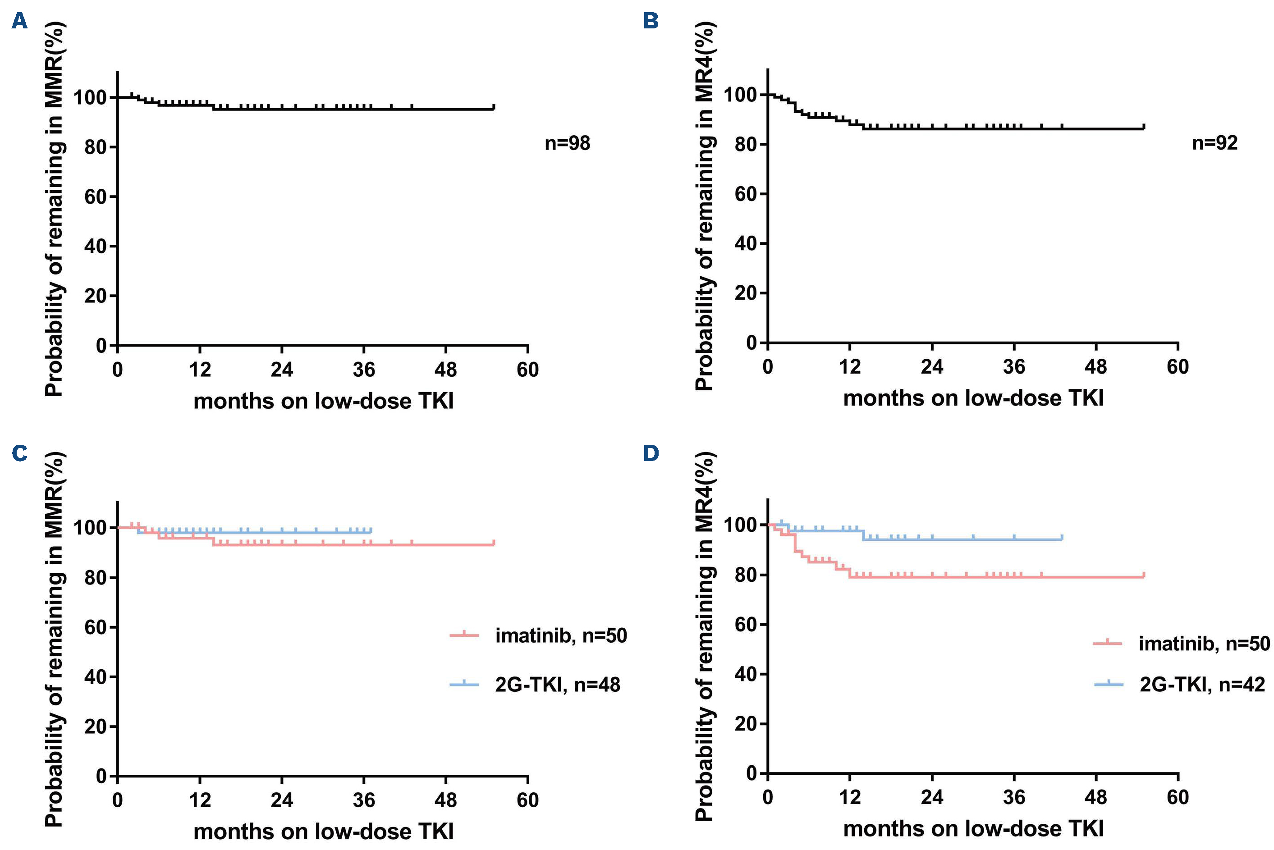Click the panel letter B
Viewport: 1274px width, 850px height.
pos(651,22)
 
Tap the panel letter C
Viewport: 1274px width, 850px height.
pos(19,452)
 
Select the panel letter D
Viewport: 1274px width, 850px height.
pos(651,452)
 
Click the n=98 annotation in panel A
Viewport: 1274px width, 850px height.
pos(567,144)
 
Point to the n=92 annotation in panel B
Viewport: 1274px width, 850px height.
pos(1215,143)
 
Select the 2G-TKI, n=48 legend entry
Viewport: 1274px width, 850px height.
pos(557,685)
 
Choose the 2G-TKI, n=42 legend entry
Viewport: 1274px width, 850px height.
pos(1202,685)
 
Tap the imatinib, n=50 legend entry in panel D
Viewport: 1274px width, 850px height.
pos(1204,643)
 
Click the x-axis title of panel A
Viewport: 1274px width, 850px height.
pos(323,401)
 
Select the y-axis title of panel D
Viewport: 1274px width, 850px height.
pos(705,635)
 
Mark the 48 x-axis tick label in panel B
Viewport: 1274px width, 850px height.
pos(1095,367)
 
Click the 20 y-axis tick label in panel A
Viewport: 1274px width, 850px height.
pos(96,296)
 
